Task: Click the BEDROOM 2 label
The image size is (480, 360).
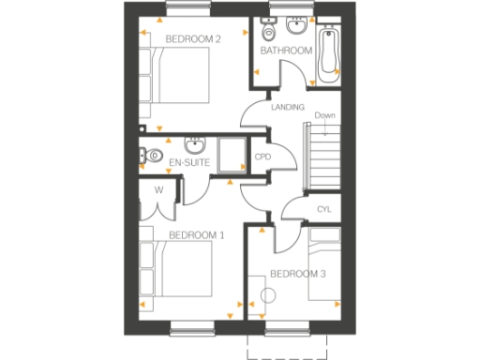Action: point(192,39)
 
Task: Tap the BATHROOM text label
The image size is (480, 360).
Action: point(285,51)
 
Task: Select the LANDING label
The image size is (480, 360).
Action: point(286,108)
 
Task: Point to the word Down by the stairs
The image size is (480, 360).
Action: point(325,116)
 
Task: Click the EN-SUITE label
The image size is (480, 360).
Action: point(187,163)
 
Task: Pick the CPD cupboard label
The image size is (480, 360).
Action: point(263,157)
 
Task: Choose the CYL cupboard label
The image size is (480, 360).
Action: point(324,209)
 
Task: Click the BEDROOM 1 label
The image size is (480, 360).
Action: point(196,234)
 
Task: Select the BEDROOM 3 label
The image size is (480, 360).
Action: point(297,274)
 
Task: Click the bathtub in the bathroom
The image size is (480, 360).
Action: point(328,54)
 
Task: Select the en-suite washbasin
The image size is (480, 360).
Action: point(195,146)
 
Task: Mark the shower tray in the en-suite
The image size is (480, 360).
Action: point(231,156)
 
